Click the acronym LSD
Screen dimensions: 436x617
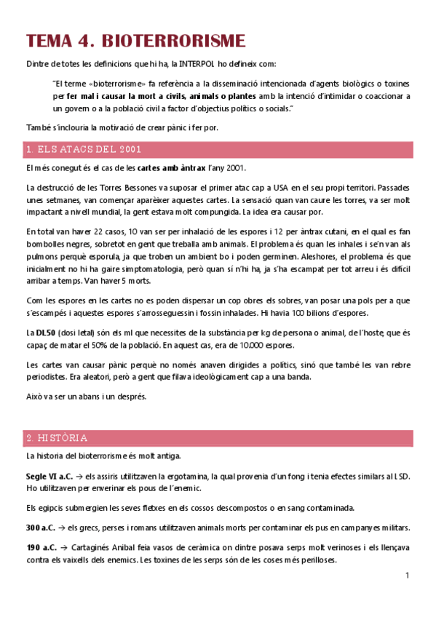pyautogui.click(x=402, y=477)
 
